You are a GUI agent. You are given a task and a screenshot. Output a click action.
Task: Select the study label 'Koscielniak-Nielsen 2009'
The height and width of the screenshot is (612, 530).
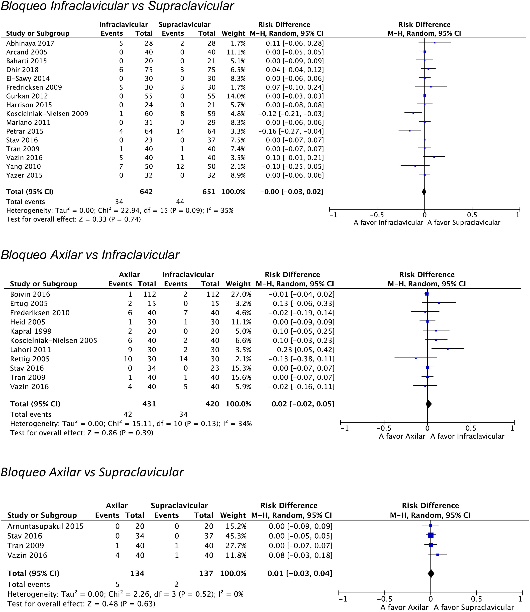pyautogui.click(x=47, y=114)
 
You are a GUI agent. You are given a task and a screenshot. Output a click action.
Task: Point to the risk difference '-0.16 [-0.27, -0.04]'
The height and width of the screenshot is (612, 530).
pyautogui.click(x=291, y=131)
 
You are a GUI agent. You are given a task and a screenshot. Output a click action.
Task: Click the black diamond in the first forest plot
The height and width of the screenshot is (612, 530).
pyautogui.click(x=424, y=192)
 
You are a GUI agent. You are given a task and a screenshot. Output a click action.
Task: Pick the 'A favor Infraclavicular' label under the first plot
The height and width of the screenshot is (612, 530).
pyautogui.click(x=388, y=223)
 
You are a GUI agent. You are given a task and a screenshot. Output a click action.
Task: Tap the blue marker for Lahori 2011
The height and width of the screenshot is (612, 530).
pyautogui.click(x=448, y=349)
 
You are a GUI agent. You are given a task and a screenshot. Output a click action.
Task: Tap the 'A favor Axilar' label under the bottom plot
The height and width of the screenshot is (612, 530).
pyautogui.click(x=404, y=607)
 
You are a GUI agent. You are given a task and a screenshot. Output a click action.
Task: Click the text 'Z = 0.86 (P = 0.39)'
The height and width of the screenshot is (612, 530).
pyautogui.click(x=120, y=433)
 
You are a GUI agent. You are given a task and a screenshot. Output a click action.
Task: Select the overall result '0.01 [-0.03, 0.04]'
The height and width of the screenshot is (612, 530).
pyautogui.click(x=300, y=574)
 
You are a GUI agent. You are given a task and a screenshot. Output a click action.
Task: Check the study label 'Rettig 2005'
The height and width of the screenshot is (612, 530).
pyautogui.click(x=30, y=359)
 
